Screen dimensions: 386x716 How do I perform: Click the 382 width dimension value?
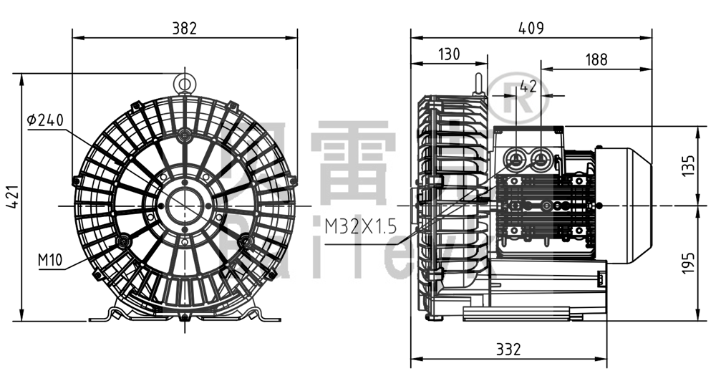(x=185, y=28)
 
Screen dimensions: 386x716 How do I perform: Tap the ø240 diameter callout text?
(x=46, y=120)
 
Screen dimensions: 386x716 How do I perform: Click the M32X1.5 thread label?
(x=359, y=227)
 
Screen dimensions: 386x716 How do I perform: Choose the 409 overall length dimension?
(x=531, y=28)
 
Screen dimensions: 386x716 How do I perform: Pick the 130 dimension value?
(x=448, y=54)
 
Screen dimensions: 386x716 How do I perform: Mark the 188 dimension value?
(x=596, y=60)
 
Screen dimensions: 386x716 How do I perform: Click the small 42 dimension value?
(x=528, y=87)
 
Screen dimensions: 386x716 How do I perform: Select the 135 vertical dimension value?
(x=687, y=166)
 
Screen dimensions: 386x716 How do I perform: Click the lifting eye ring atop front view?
(x=185, y=83)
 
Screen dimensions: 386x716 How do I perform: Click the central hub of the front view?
(x=185, y=206)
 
